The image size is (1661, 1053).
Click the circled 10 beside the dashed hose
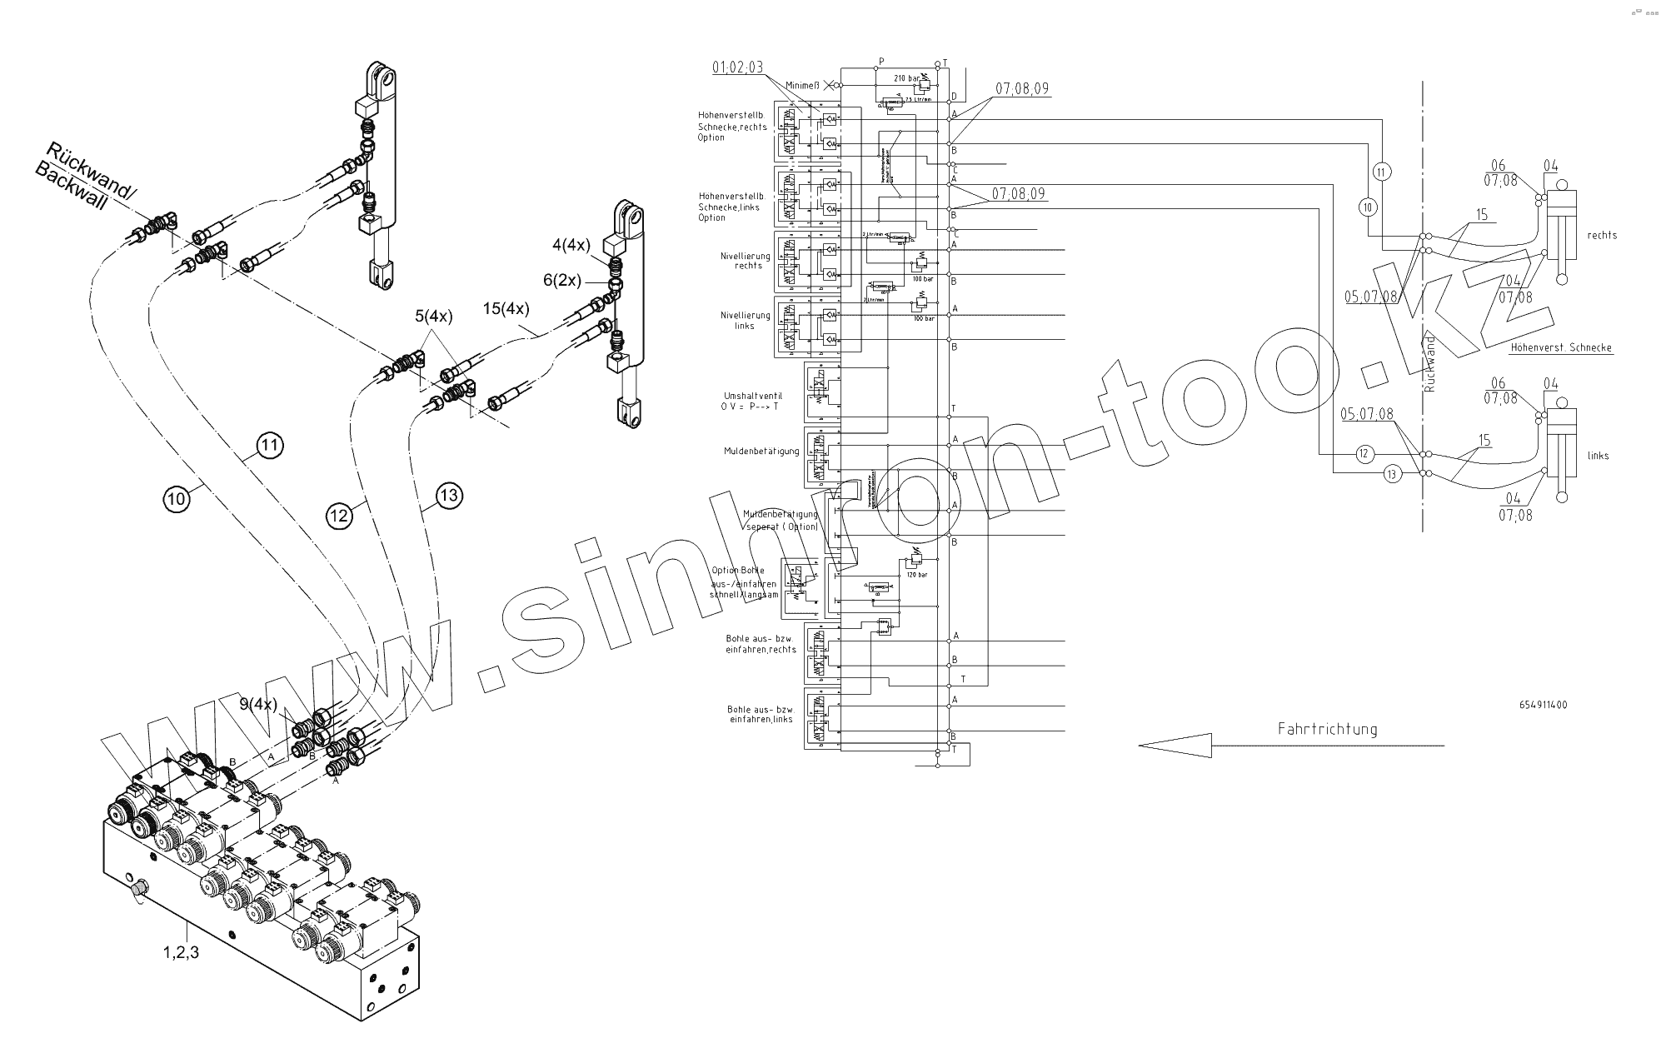[x=175, y=498]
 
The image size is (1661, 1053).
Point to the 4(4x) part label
[x=571, y=245]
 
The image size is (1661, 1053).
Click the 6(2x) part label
[x=561, y=281]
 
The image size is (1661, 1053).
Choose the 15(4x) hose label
[x=506, y=308]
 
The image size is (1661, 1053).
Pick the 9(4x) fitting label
[x=258, y=704]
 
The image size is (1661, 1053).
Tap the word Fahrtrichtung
[x=1327, y=729]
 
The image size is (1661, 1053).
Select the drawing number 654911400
[x=1543, y=705]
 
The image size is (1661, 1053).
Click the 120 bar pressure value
[x=916, y=575]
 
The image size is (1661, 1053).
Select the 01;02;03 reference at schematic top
[x=738, y=67]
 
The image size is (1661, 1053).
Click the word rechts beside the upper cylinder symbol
[x=1602, y=235]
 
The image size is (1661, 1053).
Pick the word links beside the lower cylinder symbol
[x=1598, y=456]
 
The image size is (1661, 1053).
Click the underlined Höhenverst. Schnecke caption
[x=1560, y=347]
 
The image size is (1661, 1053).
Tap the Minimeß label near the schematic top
[x=802, y=84]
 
